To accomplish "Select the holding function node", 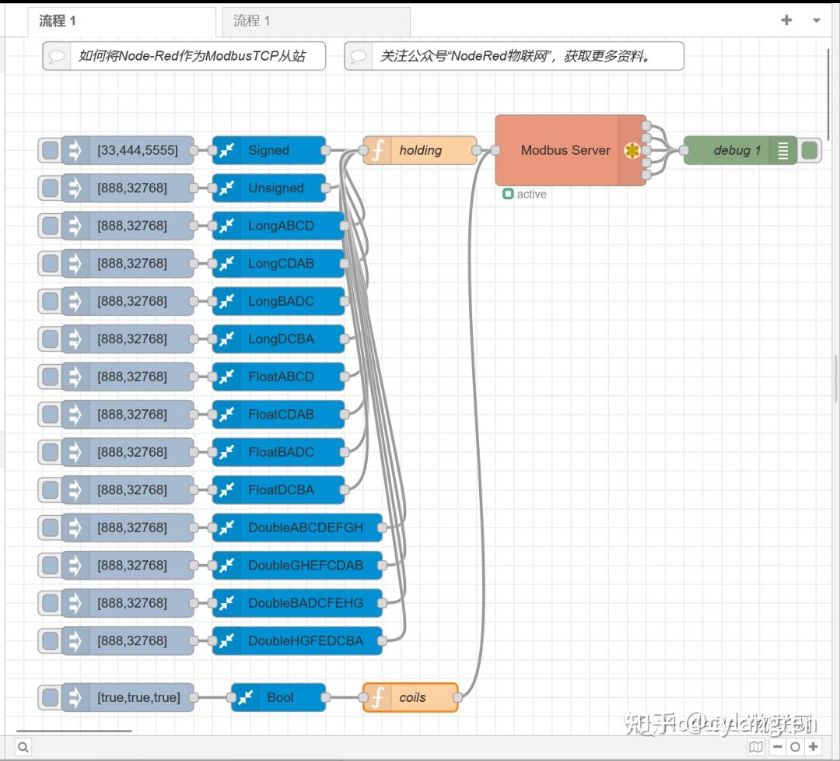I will point(420,150).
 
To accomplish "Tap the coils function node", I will point(411,697).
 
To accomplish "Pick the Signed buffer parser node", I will point(269,150).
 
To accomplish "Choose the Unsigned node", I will point(275,188).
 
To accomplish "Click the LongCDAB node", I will point(280,263).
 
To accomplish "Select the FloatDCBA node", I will point(280,489).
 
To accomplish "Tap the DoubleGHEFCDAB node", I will point(305,565).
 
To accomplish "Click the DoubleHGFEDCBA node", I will point(305,640).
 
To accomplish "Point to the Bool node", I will point(279,697).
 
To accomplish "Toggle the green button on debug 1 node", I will point(810,150).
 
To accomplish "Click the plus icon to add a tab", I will point(786,20).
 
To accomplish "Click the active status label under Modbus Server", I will point(531,195).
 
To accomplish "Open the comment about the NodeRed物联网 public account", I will point(514,56).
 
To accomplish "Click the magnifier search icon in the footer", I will point(23,747).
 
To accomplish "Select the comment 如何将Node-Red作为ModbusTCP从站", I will point(184,56).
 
